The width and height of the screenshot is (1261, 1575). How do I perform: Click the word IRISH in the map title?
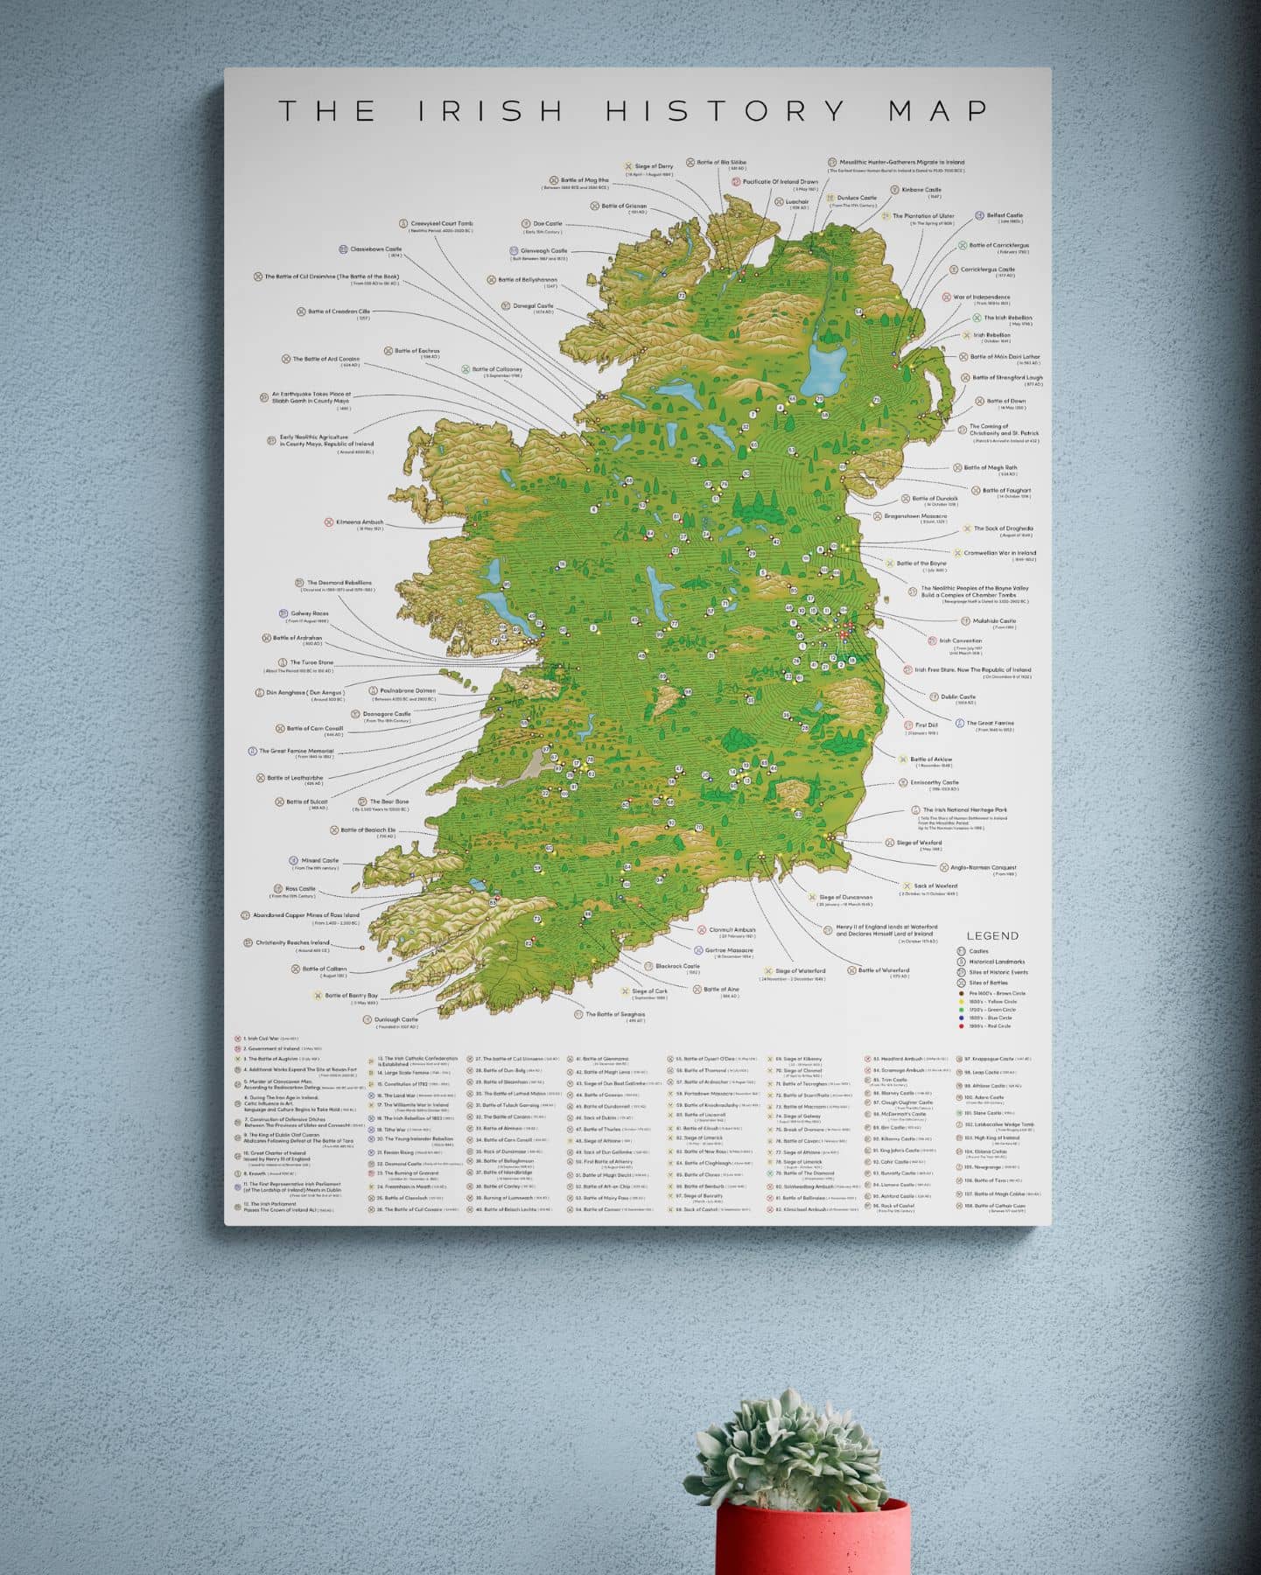pyautogui.click(x=490, y=111)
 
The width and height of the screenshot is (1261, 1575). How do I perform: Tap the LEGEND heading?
pyautogui.click(x=992, y=935)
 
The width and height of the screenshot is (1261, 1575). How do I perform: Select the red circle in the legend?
pyautogui.click(x=962, y=1025)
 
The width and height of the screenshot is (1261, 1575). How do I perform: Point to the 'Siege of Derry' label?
pyautogui.click(x=654, y=166)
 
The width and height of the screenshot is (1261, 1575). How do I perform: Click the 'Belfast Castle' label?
pyautogui.click(x=1005, y=215)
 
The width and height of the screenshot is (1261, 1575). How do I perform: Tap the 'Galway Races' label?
pyautogui.click(x=309, y=613)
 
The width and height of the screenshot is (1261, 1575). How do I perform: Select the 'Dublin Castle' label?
pyautogui.click(x=957, y=697)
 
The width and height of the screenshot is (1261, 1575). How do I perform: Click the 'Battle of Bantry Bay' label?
pyautogui.click(x=351, y=996)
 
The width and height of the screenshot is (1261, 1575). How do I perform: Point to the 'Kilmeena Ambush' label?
pyautogui.click(x=359, y=522)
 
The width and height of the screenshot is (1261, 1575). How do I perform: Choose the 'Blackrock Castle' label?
pyautogui.click(x=677, y=967)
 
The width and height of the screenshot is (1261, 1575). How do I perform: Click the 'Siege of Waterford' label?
pyautogui.click(x=800, y=971)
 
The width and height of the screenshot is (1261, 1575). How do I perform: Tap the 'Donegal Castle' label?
pyautogui.click(x=533, y=306)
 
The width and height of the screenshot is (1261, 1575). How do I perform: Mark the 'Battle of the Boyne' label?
pyautogui.click(x=921, y=563)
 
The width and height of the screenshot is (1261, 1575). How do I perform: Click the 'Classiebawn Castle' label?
pyautogui.click(x=375, y=249)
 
